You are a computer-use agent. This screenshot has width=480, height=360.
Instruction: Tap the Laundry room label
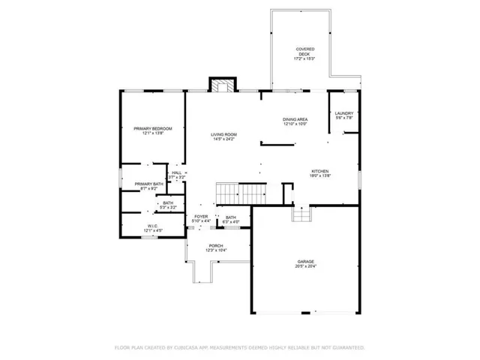click(x=344, y=113)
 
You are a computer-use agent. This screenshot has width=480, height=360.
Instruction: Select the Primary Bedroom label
click(x=153, y=128)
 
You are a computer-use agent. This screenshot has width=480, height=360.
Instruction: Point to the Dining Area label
click(x=295, y=119)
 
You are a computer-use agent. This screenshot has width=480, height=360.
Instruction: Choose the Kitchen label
click(x=320, y=171)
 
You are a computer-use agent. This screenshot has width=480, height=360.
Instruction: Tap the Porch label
click(x=216, y=246)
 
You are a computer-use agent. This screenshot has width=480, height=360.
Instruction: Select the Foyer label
click(x=201, y=217)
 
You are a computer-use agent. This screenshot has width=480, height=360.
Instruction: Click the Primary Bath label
click(x=148, y=184)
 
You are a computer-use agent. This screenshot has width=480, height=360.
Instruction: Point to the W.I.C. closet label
click(x=151, y=226)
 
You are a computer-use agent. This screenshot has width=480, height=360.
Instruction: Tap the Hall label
click(x=176, y=172)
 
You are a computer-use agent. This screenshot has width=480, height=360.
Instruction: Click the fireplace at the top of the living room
click(x=221, y=85)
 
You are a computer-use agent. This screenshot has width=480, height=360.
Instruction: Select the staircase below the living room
click(x=240, y=193)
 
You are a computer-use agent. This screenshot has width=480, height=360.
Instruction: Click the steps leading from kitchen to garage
click(x=301, y=215)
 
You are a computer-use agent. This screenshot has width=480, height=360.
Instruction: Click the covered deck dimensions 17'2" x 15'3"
click(x=304, y=58)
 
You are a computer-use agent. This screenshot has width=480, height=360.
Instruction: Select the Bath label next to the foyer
click(x=231, y=217)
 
